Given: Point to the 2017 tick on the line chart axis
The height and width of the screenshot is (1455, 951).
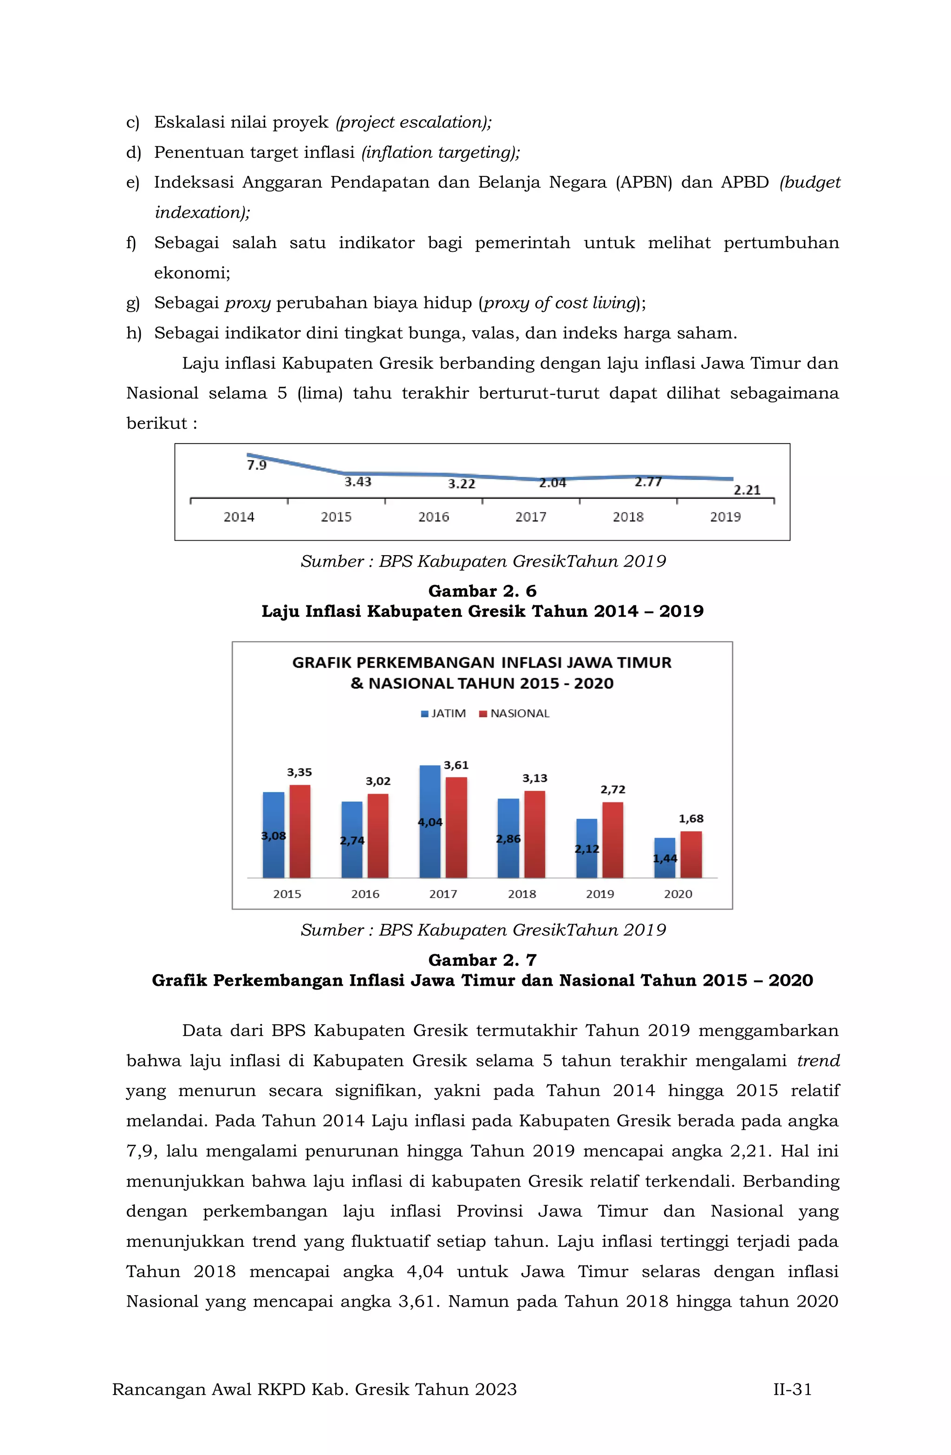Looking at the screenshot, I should (x=530, y=517).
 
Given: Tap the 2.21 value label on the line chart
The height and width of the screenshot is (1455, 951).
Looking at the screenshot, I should (x=746, y=490).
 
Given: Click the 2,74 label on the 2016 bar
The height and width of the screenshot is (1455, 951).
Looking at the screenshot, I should (x=352, y=840).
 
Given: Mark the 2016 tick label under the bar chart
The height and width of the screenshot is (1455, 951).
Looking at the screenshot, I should (x=365, y=894).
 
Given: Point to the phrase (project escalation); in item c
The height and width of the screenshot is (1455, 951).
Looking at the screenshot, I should (x=413, y=122).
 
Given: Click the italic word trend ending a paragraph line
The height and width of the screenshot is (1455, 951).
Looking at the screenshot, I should (x=818, y=1061).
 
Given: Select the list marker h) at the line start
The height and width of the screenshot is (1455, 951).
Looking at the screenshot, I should (x=133, y=333).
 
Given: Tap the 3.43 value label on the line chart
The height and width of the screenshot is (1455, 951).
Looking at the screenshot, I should (x=358, y=482).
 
